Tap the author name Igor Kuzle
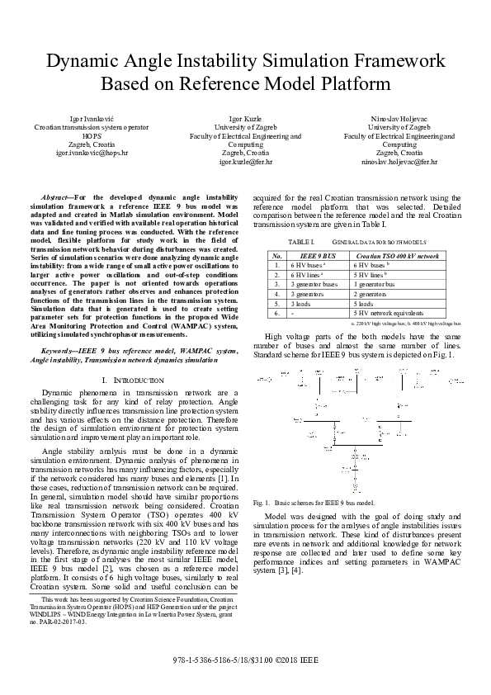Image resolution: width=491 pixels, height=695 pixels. (245, 120)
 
